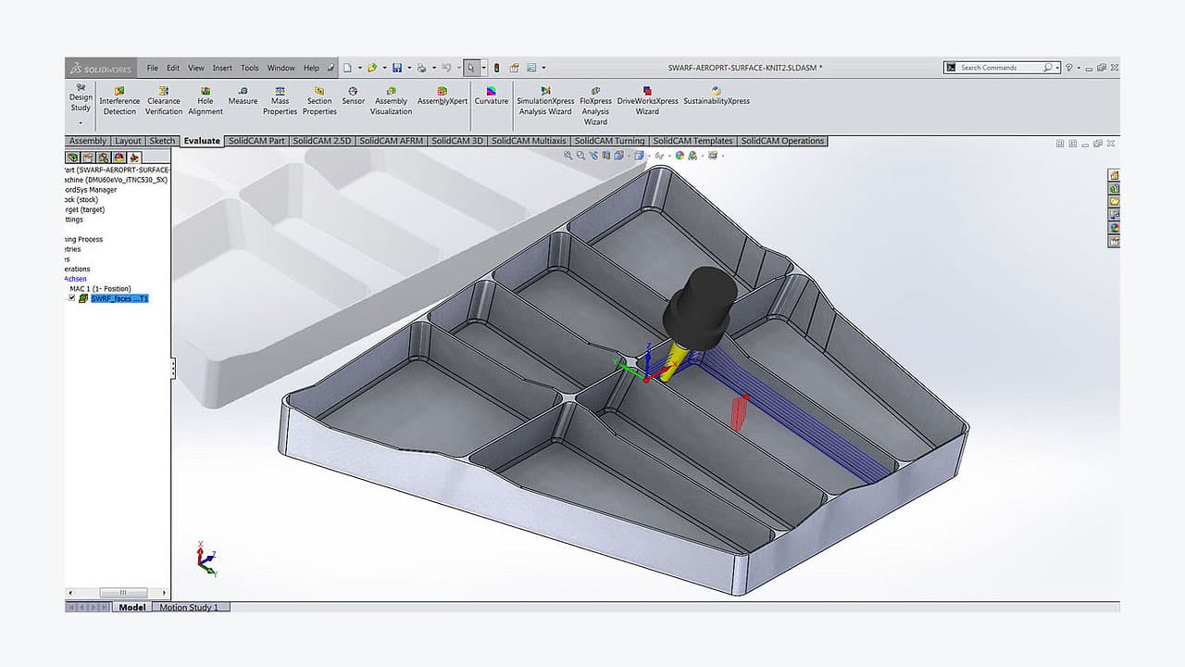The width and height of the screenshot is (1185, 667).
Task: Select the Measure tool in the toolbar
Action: click(x=243, y=95)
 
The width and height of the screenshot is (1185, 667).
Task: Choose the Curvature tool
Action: click(x=492, y=95)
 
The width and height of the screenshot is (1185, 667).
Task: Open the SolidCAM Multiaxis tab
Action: click(x=529, y=141)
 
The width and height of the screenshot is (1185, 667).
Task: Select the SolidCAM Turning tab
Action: click(x=609, y=141)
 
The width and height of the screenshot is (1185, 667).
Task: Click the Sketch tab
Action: click(x=162, y=141)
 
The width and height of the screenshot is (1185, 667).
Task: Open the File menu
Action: click(x=153, y=68)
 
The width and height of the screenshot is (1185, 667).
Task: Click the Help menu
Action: click(x=311, y=68)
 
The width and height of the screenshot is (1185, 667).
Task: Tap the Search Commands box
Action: click(x=1000, y=68)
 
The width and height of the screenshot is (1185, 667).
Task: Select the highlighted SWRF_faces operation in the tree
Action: click(x=118, y=298)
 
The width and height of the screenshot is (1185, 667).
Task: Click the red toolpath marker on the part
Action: click(x=740, y=412)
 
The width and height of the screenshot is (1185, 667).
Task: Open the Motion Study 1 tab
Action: click(x=189, y=608)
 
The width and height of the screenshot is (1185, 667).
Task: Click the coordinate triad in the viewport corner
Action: click(x=206, y=559)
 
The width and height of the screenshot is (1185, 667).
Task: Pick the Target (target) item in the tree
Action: click(x=82, y=209)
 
